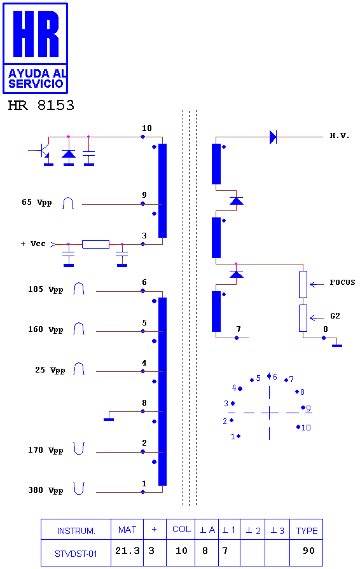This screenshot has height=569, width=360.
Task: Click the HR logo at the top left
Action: (x=35, y=48)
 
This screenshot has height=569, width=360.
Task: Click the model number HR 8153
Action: (x=41, y=106)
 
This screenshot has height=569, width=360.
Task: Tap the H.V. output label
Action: (x=339, y=135)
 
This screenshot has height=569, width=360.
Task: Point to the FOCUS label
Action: (x=342, y=282)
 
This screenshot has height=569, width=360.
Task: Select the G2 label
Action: (x=335, y=316)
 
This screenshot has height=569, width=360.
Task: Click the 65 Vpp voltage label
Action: (x=37, y=202)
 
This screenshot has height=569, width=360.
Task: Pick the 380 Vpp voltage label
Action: (x=46, y=490)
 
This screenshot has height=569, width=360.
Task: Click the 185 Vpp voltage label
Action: (x=46, y=289)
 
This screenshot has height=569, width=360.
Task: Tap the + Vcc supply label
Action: (x=33, y=244)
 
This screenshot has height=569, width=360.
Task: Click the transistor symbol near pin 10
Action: (x=42, y=151)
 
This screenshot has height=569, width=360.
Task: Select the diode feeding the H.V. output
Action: (x=273, y=137)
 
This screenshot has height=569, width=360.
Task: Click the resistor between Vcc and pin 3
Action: (x=96, y=244)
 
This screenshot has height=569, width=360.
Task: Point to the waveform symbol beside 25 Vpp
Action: (x=79, y=369)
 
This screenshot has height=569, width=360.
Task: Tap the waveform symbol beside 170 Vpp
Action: (x=79, y=448)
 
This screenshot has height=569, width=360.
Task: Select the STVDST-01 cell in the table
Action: (x=76, y=553)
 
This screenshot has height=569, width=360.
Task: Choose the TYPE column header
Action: (x=307, y=530)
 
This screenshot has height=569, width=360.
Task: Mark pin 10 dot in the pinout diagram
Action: (x=298, y=427)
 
